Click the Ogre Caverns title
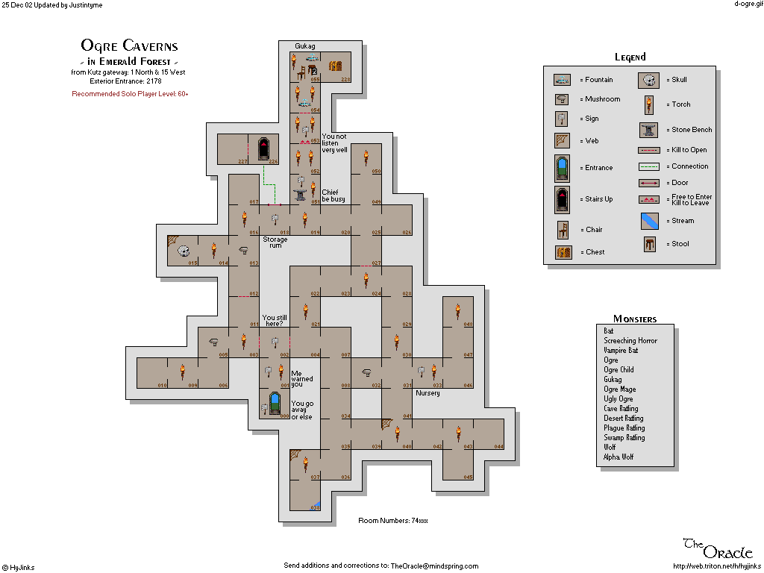pyautogui.click(x=129, y=46)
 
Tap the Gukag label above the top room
pyautogui.click(x=305, y=46)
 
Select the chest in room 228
pyautogui.click(x=335, y=66)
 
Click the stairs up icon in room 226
pyautogui.click(x=263, y=148)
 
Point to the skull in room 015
pyautogui.click(x=183, y=251)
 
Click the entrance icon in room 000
pyautogui.click(x=275, y=404)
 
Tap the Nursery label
pyautogui.click(x=428, y=393)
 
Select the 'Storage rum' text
pyautogui.click(x=275, y=242)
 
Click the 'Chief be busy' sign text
pyautogui.click(x=333, y=195)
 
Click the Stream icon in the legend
pyautogui.click(x=649, y=221)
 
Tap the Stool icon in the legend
pyautogui.click(x=649, y=244)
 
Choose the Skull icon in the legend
pyautogui.click(x=649, y=80)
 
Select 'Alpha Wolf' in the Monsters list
pyautogui.click(x=619, y=457)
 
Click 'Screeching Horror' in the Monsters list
pyautogui.click(x=630, y=340)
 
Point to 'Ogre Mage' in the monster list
pyautogui.click(x=620, y=389)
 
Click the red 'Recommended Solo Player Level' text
pyautogui.click(x=130, y=94)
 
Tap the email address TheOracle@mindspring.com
pyautogui.click(x=434, y=566)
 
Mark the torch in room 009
pyautogui.click(x=182, y=371)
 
